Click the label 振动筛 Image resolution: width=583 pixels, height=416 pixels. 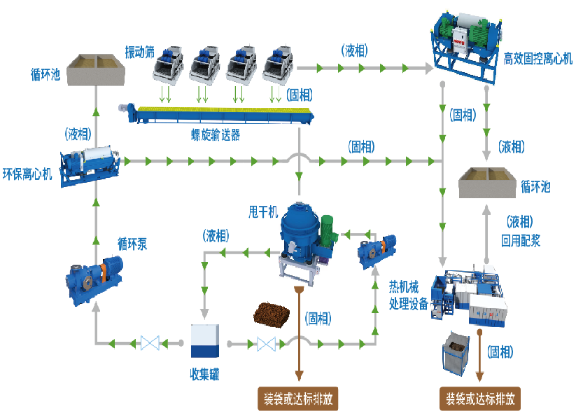[139, 52]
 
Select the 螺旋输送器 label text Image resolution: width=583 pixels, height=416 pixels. [216, 135]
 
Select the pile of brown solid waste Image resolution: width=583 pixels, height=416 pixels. [272, 313]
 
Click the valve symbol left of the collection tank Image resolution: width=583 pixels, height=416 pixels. [150, 343]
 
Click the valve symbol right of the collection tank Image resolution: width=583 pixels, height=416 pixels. [265, 343]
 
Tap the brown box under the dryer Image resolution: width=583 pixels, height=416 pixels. [298, 398]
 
